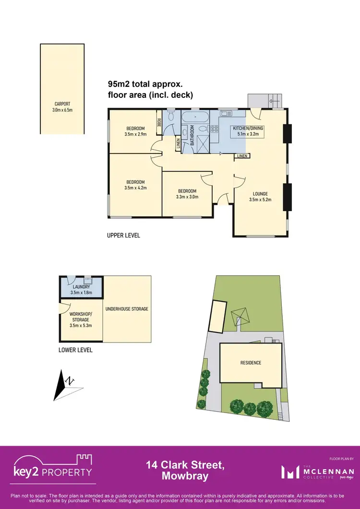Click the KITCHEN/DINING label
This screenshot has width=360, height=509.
(249, 129)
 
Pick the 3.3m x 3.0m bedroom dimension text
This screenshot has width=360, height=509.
(187, 196)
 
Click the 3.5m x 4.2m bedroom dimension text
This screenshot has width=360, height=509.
(135, 188)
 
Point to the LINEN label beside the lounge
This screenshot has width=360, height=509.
(242, 156)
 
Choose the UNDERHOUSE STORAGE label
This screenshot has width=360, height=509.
(127, 309)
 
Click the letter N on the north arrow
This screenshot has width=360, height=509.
(71, 381)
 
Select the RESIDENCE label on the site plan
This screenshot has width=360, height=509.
(251, 363)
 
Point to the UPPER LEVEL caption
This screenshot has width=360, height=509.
(123, 236)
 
